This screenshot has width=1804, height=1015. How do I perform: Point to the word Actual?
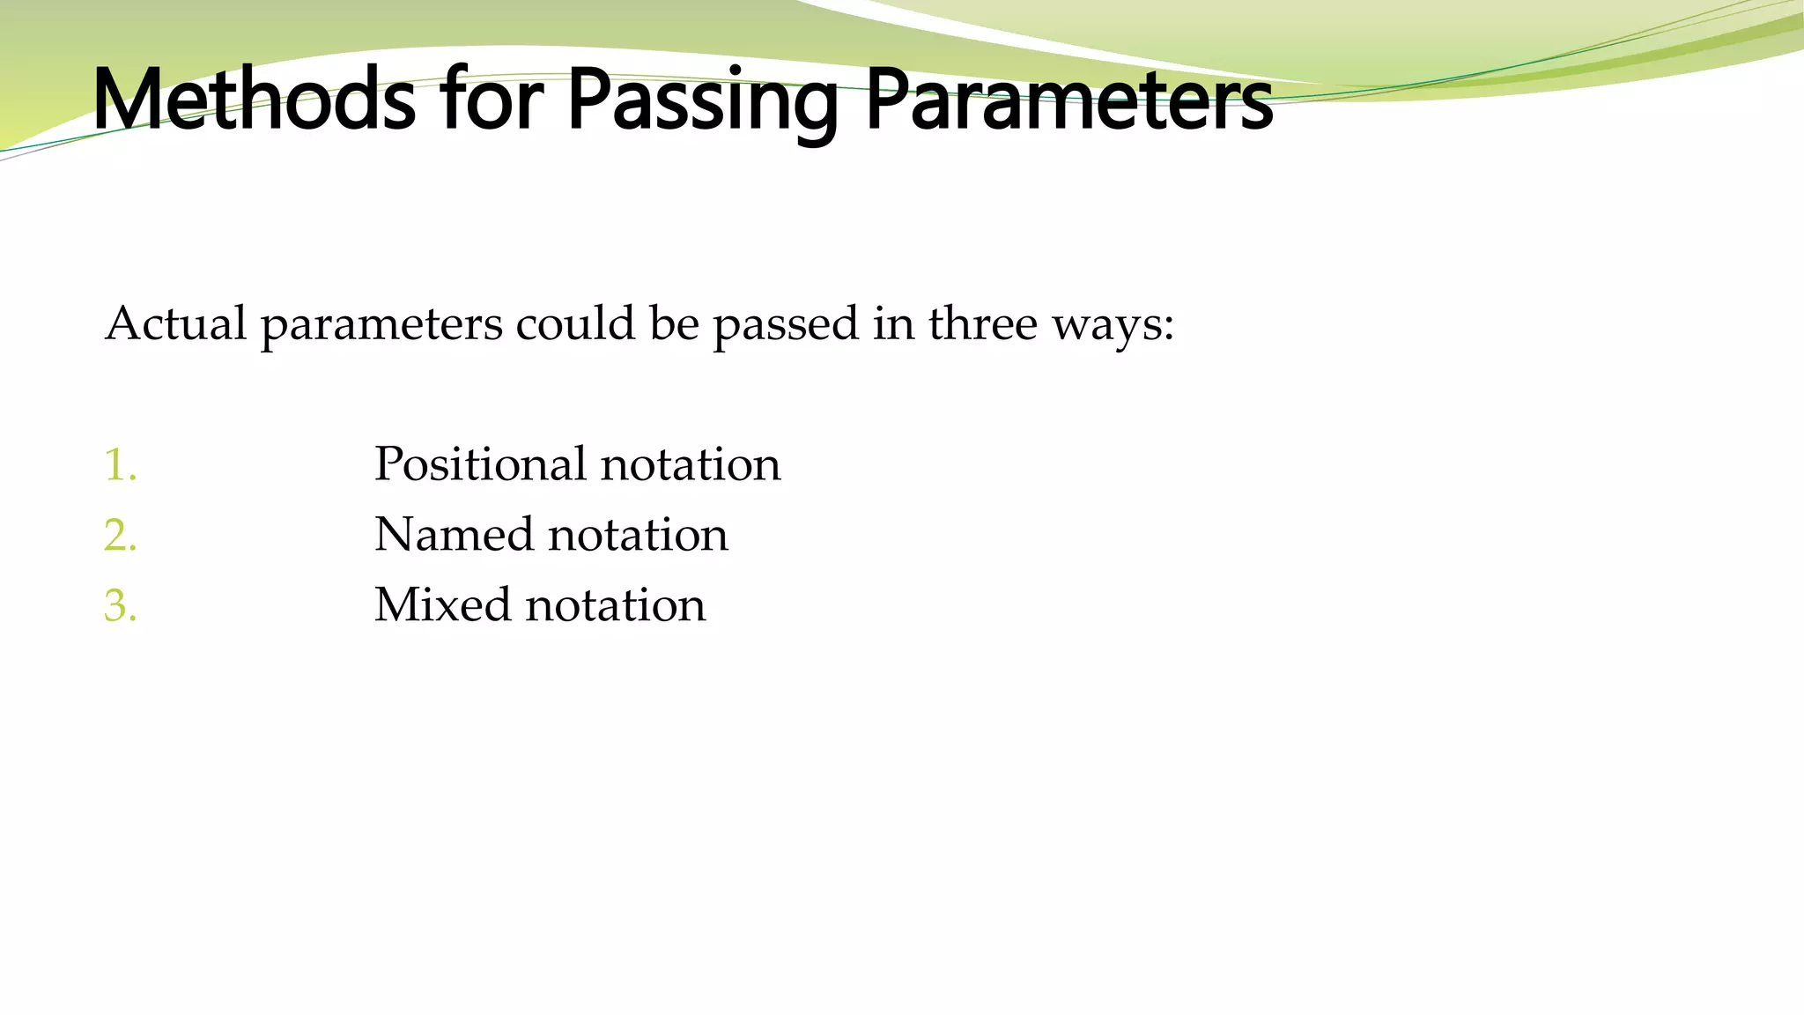(175, 323)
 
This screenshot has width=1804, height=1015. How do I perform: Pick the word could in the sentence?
(575, 323)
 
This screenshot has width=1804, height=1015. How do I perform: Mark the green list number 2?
(119, 535)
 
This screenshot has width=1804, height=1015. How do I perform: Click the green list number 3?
(119, 605)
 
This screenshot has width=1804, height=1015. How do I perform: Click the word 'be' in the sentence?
(674, 323)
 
